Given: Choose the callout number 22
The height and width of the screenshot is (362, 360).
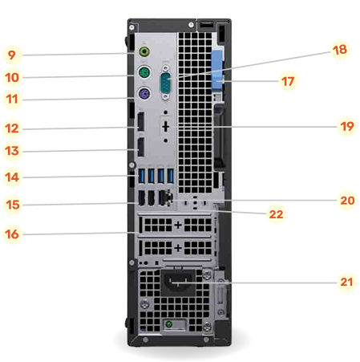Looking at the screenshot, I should point(276,214).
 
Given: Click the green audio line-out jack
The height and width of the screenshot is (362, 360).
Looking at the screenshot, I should point(144,54).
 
